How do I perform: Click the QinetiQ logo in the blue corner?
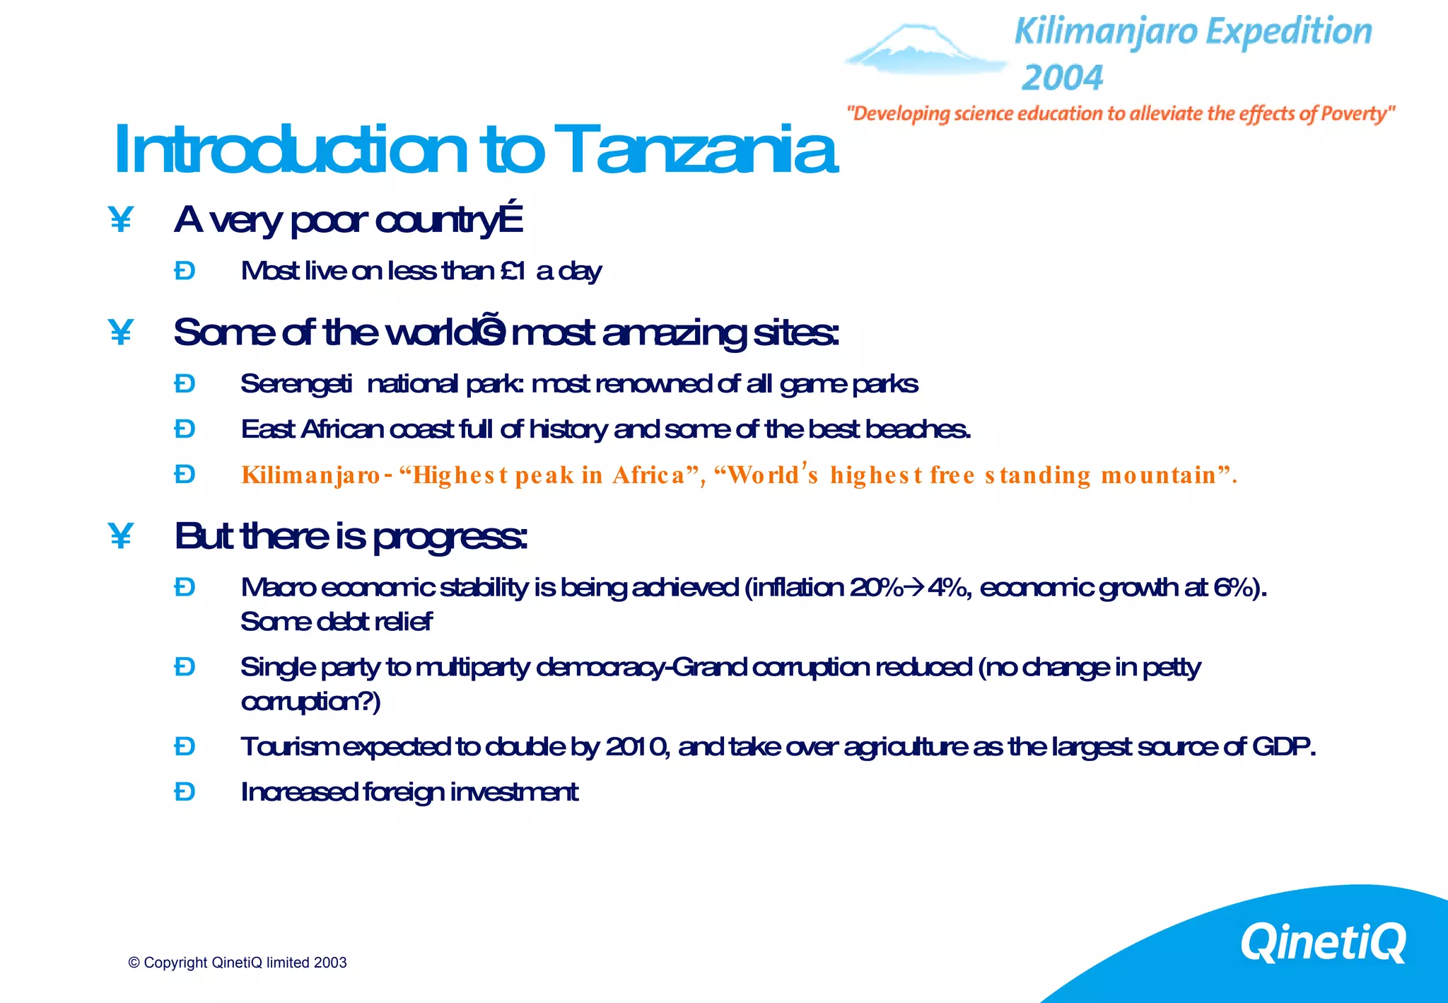[x=1323, y=942]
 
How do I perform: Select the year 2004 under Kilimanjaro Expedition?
[x=1062, y=78]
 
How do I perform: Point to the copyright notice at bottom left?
[x=238, y=963]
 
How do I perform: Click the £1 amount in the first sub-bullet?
[x=513, y=271]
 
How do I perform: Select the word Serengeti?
[x=296, y=384]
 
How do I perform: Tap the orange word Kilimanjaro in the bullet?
[x=311, y=475]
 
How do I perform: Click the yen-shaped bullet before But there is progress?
[x=121, y=536]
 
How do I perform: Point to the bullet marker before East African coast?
[x=185, y=429]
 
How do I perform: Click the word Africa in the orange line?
[x=648, y=475]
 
